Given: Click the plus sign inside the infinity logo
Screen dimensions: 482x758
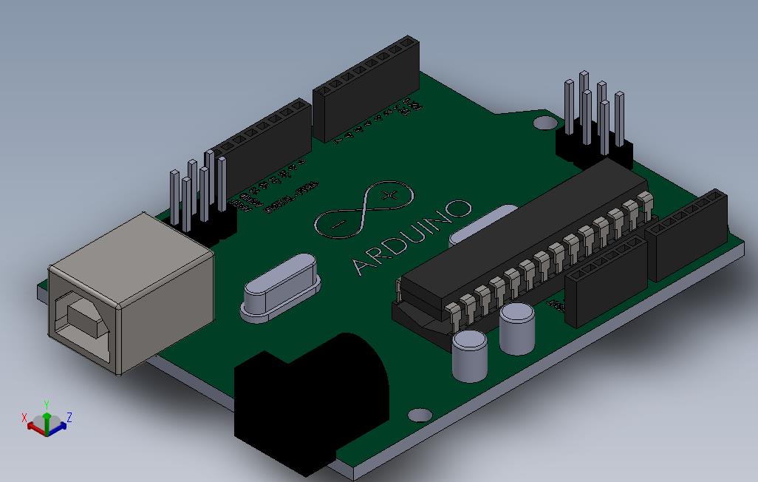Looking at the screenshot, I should (390, 196).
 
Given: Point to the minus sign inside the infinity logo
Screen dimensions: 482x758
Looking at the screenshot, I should (337, 224).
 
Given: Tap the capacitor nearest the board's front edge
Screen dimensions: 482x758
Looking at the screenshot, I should (470, 355).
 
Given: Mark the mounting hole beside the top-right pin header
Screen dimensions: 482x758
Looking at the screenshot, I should (546, 122).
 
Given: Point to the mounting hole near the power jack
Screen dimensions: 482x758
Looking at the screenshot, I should (420, 415).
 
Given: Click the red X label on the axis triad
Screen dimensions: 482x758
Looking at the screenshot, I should (24, 418).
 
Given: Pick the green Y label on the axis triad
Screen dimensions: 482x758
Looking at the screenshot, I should (46, 404).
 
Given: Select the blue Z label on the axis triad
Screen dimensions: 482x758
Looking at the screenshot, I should (69, 418).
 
